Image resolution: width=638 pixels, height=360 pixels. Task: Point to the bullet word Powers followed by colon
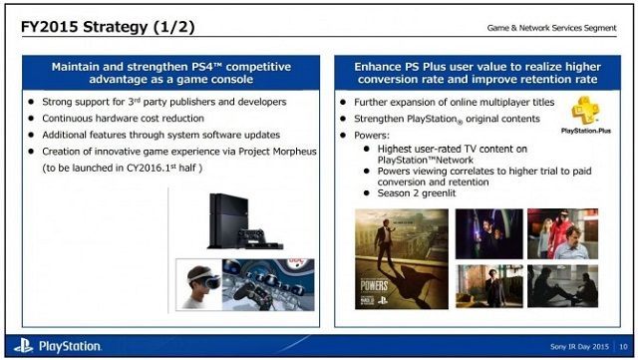pos(374,135)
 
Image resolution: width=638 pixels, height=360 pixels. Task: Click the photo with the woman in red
pos(561,232)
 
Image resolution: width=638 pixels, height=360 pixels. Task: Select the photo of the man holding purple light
pos(488,232)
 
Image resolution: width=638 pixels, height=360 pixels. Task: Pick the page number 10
pos(621,346)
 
